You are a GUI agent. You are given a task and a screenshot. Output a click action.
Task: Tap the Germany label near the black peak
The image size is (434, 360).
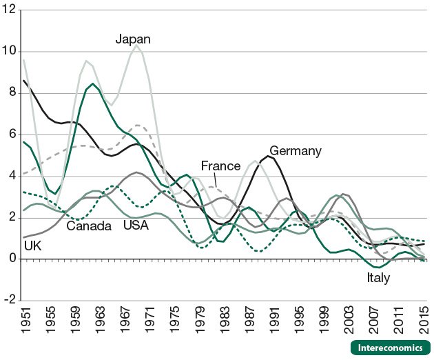pyautogui.click(x=296, y=150)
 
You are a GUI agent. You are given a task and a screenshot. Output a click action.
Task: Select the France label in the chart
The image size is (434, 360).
pyautogui.click(x=220, y=166)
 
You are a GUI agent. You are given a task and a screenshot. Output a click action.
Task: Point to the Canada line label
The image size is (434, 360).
pyautogui.click(x=89, y=226)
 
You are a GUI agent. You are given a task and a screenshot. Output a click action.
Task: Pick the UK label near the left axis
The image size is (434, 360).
pyautogui.click(x=32, y=245)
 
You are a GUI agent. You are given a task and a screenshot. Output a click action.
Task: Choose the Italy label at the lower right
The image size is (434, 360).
pyautogui.click(x=378, y=279)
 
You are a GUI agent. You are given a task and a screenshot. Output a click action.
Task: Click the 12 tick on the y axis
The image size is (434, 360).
pyautogui.click(x=12, y=10)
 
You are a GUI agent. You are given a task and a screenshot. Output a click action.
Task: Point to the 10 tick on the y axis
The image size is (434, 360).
pyautogui.click(x=12, y=52)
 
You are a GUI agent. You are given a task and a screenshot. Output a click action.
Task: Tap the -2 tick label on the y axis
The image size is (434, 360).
pyautogui.click(x=12, y=301)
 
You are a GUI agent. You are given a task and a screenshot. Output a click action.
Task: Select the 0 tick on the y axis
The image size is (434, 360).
pyautogui.click(x=14, y=259)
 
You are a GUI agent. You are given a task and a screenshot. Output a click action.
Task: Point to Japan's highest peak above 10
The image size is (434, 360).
pyautogui.click(x=136, y=46)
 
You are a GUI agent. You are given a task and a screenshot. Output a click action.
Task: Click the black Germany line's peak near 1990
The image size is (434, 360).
pyautogui.click(x=268, y=157)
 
